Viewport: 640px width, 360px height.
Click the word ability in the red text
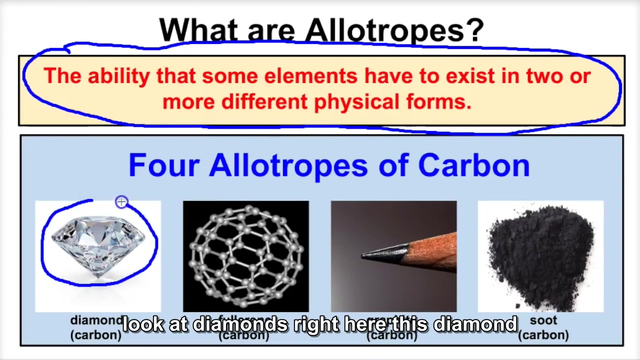click(x=118, y=76)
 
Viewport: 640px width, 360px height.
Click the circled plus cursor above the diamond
click(x=121, y=202)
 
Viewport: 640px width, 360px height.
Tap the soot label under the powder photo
click(x=543, y=320)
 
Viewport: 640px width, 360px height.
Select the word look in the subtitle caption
click(x=143, y=325)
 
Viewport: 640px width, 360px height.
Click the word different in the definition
click(x=264, y=102)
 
